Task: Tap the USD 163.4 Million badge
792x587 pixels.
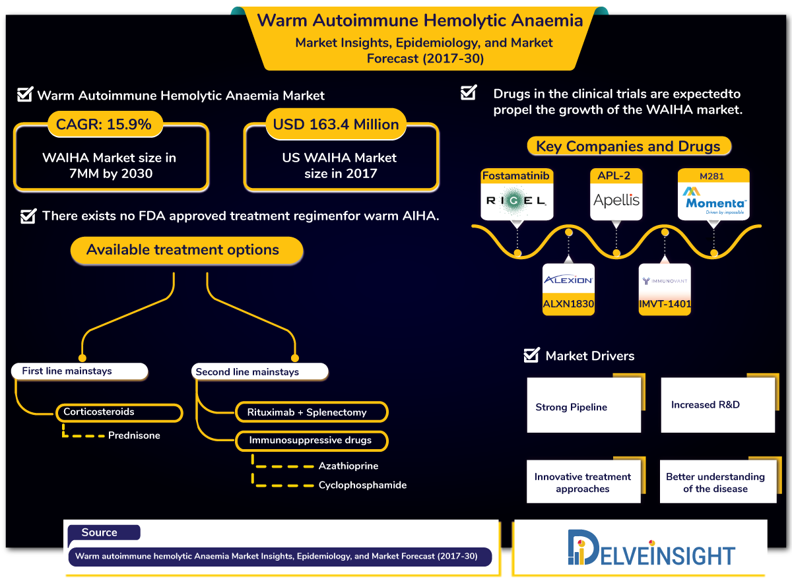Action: point(336,124)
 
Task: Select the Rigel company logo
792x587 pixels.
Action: point(515,201)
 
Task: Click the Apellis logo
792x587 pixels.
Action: point(616,201)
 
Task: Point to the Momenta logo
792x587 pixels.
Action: point(714,201)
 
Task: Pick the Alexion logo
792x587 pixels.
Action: point(568,280)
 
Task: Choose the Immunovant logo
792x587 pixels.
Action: point(665,281)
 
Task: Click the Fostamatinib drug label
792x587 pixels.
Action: point(515,175)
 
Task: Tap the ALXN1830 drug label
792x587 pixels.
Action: point(568,305)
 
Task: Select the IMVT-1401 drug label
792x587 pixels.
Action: point(665,305)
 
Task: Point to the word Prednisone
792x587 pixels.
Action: point(134,435)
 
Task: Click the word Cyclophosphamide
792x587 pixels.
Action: point(362,485)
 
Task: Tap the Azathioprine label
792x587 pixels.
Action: point(348,466)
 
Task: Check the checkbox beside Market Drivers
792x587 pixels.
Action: point(531,355)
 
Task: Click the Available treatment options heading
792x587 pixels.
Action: point(183,250)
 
